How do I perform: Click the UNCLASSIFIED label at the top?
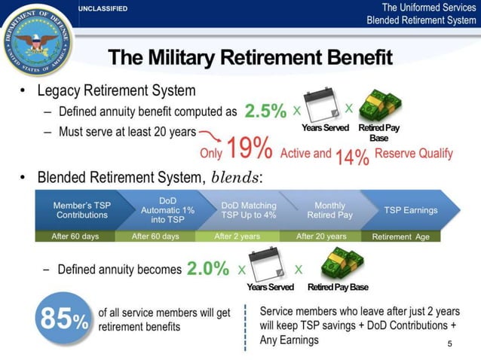click(103, 8)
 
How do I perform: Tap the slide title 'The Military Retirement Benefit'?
click(250, 58)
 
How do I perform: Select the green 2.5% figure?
click(265, 111)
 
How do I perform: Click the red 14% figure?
click(352, 157)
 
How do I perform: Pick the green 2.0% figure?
click(207, 269)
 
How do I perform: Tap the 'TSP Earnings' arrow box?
click(411, 209)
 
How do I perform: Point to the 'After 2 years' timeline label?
click(237, 236)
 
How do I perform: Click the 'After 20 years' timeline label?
click(321, 236)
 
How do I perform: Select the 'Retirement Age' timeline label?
click(401, 236)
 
